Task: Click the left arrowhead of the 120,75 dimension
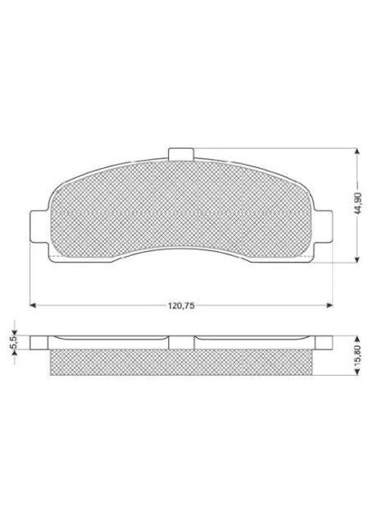(x=33, y=306)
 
